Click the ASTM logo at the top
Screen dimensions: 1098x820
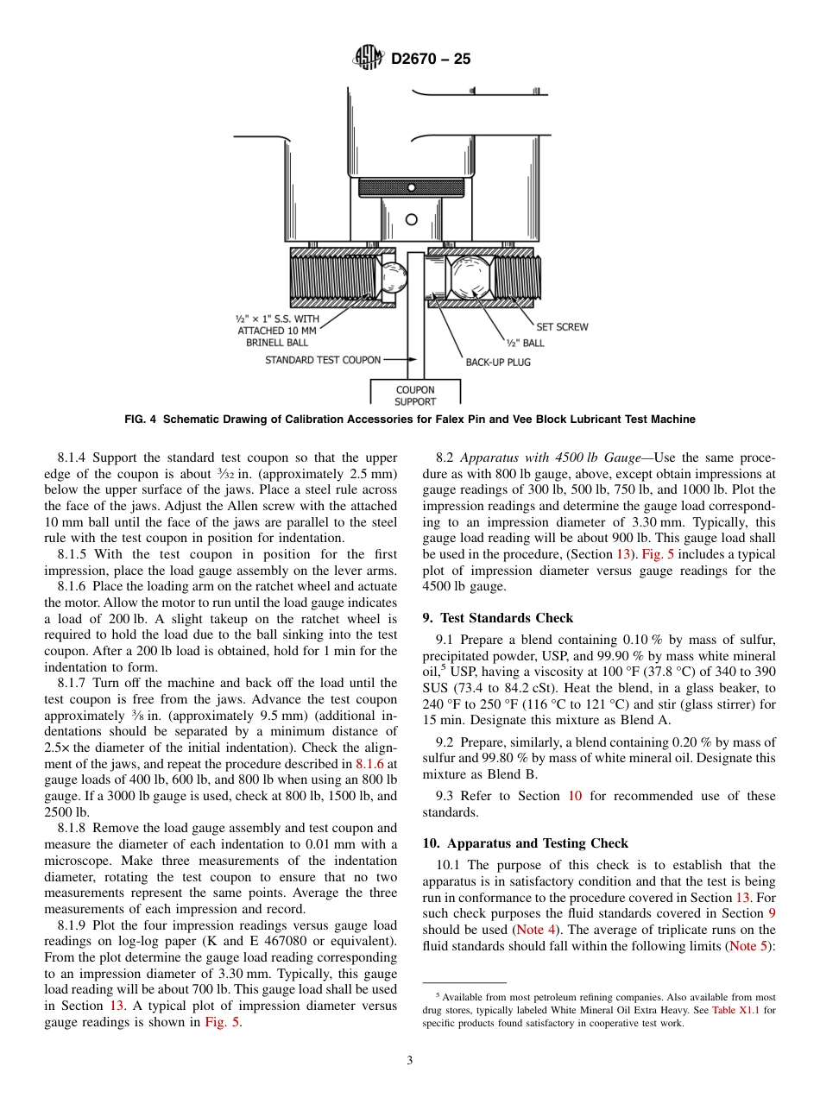pos(369,58)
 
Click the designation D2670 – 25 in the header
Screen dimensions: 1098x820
pos(431,59)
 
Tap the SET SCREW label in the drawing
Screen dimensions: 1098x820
pos(561,327)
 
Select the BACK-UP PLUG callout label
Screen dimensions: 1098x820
pos(498,362)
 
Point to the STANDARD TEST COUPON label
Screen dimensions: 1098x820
pos(322,360)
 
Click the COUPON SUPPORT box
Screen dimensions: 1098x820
pos(415,395)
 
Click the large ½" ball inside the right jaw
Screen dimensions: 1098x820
pos(470,276)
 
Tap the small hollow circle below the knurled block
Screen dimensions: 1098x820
pos(411,219)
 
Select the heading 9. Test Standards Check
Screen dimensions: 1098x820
pos(497,618)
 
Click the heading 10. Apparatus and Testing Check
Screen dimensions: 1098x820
pos(525,843)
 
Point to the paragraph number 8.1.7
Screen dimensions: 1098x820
pos(75,683)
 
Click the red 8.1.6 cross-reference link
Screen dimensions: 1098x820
pos(370,764)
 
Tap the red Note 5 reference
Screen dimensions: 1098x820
pos(747,946)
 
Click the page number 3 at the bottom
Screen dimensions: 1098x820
pos(410,1061)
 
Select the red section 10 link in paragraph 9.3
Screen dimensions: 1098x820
pos(575,796)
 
